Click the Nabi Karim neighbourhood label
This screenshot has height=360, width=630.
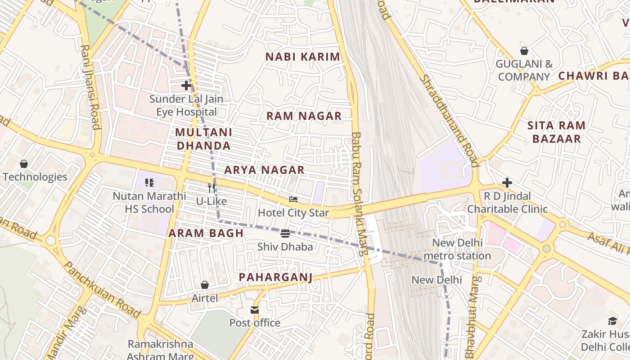coord(302,57)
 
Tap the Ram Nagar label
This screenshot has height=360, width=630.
coord(304,116)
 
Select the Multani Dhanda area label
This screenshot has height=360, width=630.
coord(203,139)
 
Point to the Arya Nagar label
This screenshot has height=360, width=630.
coord(264,170)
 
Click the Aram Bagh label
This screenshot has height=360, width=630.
coord(206,233)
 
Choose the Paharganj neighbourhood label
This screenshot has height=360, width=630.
coord(275,277)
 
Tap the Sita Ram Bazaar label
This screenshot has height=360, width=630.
coord(556,132)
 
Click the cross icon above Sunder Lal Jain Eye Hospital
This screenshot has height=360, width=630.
coord(186,85)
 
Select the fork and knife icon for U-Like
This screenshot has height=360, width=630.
coord(211,188)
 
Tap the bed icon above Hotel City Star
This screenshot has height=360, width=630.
coord(293,199)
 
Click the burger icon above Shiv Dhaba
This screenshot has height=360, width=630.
coord(285,233)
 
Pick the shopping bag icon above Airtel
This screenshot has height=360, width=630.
coord(205,284)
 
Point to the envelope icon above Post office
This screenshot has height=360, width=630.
coord(255,310)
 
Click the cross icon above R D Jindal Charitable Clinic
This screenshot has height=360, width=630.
coord(507,182)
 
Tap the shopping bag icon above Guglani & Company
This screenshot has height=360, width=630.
coord(524,51)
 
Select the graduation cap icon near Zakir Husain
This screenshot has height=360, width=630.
coord(612,321)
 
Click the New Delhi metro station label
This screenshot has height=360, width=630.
coord(457,249)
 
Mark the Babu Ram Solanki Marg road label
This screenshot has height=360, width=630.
coord(359,193)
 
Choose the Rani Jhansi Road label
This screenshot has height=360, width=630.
coord(90,86)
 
